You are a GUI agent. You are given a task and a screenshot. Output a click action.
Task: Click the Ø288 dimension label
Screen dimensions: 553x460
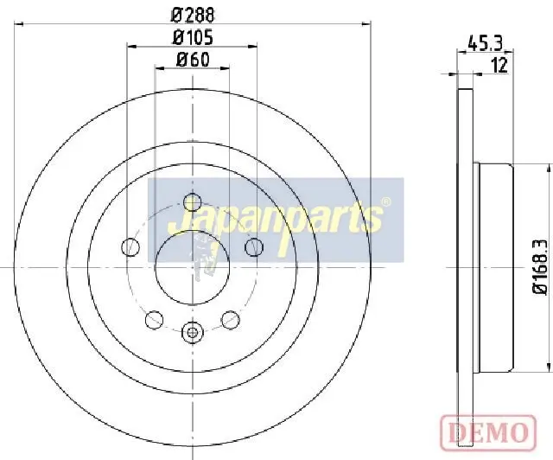coord(193,15)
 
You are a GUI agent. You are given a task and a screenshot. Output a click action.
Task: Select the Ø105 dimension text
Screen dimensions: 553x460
coord(194,38)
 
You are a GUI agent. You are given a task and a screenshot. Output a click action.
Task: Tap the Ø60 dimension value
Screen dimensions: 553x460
coord(193,60)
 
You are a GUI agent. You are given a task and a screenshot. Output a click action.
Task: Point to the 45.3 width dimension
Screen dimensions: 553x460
coord(485,44)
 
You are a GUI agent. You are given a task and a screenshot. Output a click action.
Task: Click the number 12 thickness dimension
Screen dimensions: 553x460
coord(499,66)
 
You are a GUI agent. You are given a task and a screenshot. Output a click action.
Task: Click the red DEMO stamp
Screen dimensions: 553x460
coord(488,431)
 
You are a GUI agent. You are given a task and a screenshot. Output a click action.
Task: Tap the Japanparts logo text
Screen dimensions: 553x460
coord(276,221)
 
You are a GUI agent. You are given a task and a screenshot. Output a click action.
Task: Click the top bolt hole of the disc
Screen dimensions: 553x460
coord(193,202)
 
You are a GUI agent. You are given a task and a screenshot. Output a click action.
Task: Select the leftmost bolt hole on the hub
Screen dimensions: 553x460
coord(130,247)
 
